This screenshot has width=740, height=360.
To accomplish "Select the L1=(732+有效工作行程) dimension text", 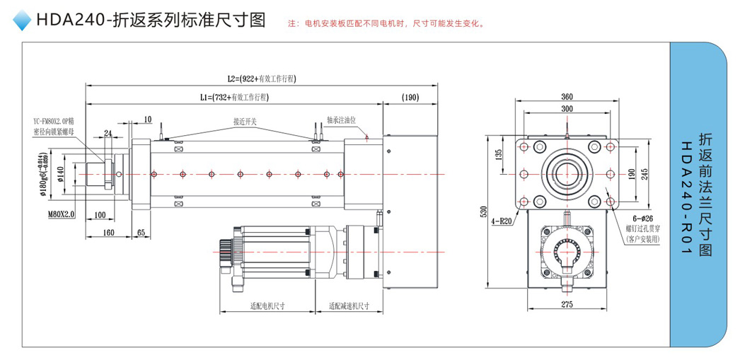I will (233, 97).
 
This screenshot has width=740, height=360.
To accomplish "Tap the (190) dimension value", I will (410, 97).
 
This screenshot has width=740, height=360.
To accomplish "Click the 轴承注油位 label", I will (345, 120).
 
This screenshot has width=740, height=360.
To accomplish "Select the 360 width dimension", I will (566, 96).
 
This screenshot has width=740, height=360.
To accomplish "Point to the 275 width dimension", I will (566, 304).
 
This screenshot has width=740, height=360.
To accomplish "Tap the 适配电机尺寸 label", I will (267, 307).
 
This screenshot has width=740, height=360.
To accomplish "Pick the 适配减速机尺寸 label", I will (349, 307).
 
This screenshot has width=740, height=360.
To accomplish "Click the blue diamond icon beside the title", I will (23, 21).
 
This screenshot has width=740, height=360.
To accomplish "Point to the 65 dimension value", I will (141, 232).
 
